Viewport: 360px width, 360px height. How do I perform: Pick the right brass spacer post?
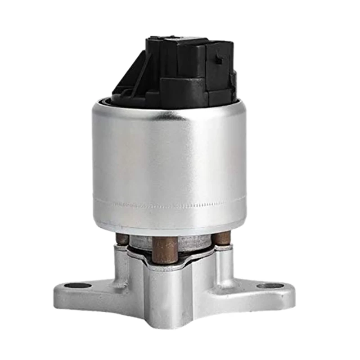[x=221, y=238]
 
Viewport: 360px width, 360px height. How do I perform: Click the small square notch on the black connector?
[x=219, y=57]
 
